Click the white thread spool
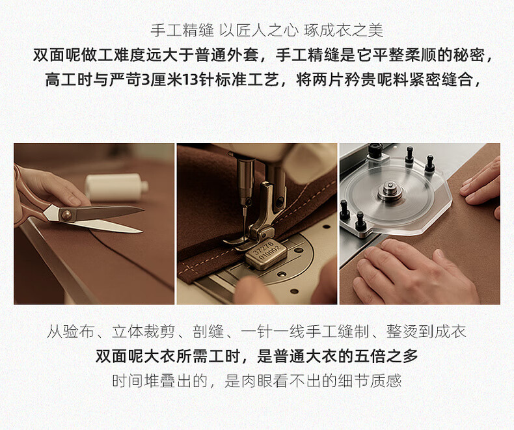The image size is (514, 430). pyautogui.click(x=116, y=187)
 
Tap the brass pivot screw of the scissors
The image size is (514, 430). pyautogui.click(x=66, y=215)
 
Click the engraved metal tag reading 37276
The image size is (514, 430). pyautogui.click(x=266, y=254)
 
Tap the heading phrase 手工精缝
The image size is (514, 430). pyautogui.click(x=182, y=31)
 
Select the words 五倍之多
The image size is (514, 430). pyautogui.click(x=386, y=356)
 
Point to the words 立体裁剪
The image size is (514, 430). pyautogui.click(x=143, y=332)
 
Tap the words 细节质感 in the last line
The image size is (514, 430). pyautogui.click(x=370, y=381)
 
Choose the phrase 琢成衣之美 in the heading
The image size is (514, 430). pyautogui.click(x=344, y=31)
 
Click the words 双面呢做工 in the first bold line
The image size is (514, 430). pyautogui.click(x=73, y=55)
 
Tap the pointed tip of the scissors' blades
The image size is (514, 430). pyautogui.click(x=143, y=209)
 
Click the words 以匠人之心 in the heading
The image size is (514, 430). pyautogui.click(x=259, y=31)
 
